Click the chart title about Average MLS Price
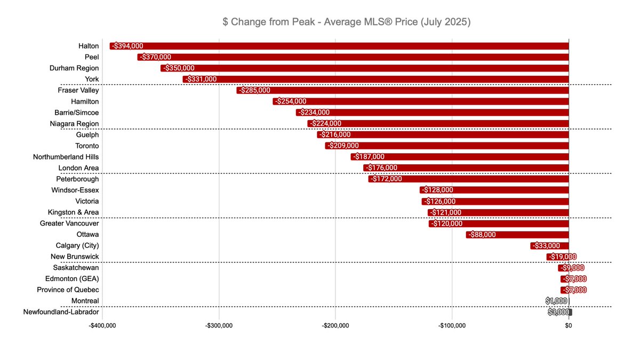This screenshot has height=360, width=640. [346, 22]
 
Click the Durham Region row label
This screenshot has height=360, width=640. [74, 68]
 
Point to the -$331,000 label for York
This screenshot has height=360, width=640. [201, 79]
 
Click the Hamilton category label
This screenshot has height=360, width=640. [85, 101]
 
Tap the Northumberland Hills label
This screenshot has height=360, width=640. [66, 157]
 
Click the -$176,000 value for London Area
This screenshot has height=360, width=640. [381, 168]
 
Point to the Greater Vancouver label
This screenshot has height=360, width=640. [69, 223]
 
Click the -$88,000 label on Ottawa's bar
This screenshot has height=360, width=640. [482, 235]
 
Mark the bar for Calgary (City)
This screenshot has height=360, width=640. [549, 246]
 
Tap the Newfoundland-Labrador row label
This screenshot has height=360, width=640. [61, 312]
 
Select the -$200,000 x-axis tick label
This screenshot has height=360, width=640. [336, 326]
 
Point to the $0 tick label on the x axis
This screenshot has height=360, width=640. [569, 326]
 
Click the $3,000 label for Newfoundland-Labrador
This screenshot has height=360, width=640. [558, 313]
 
